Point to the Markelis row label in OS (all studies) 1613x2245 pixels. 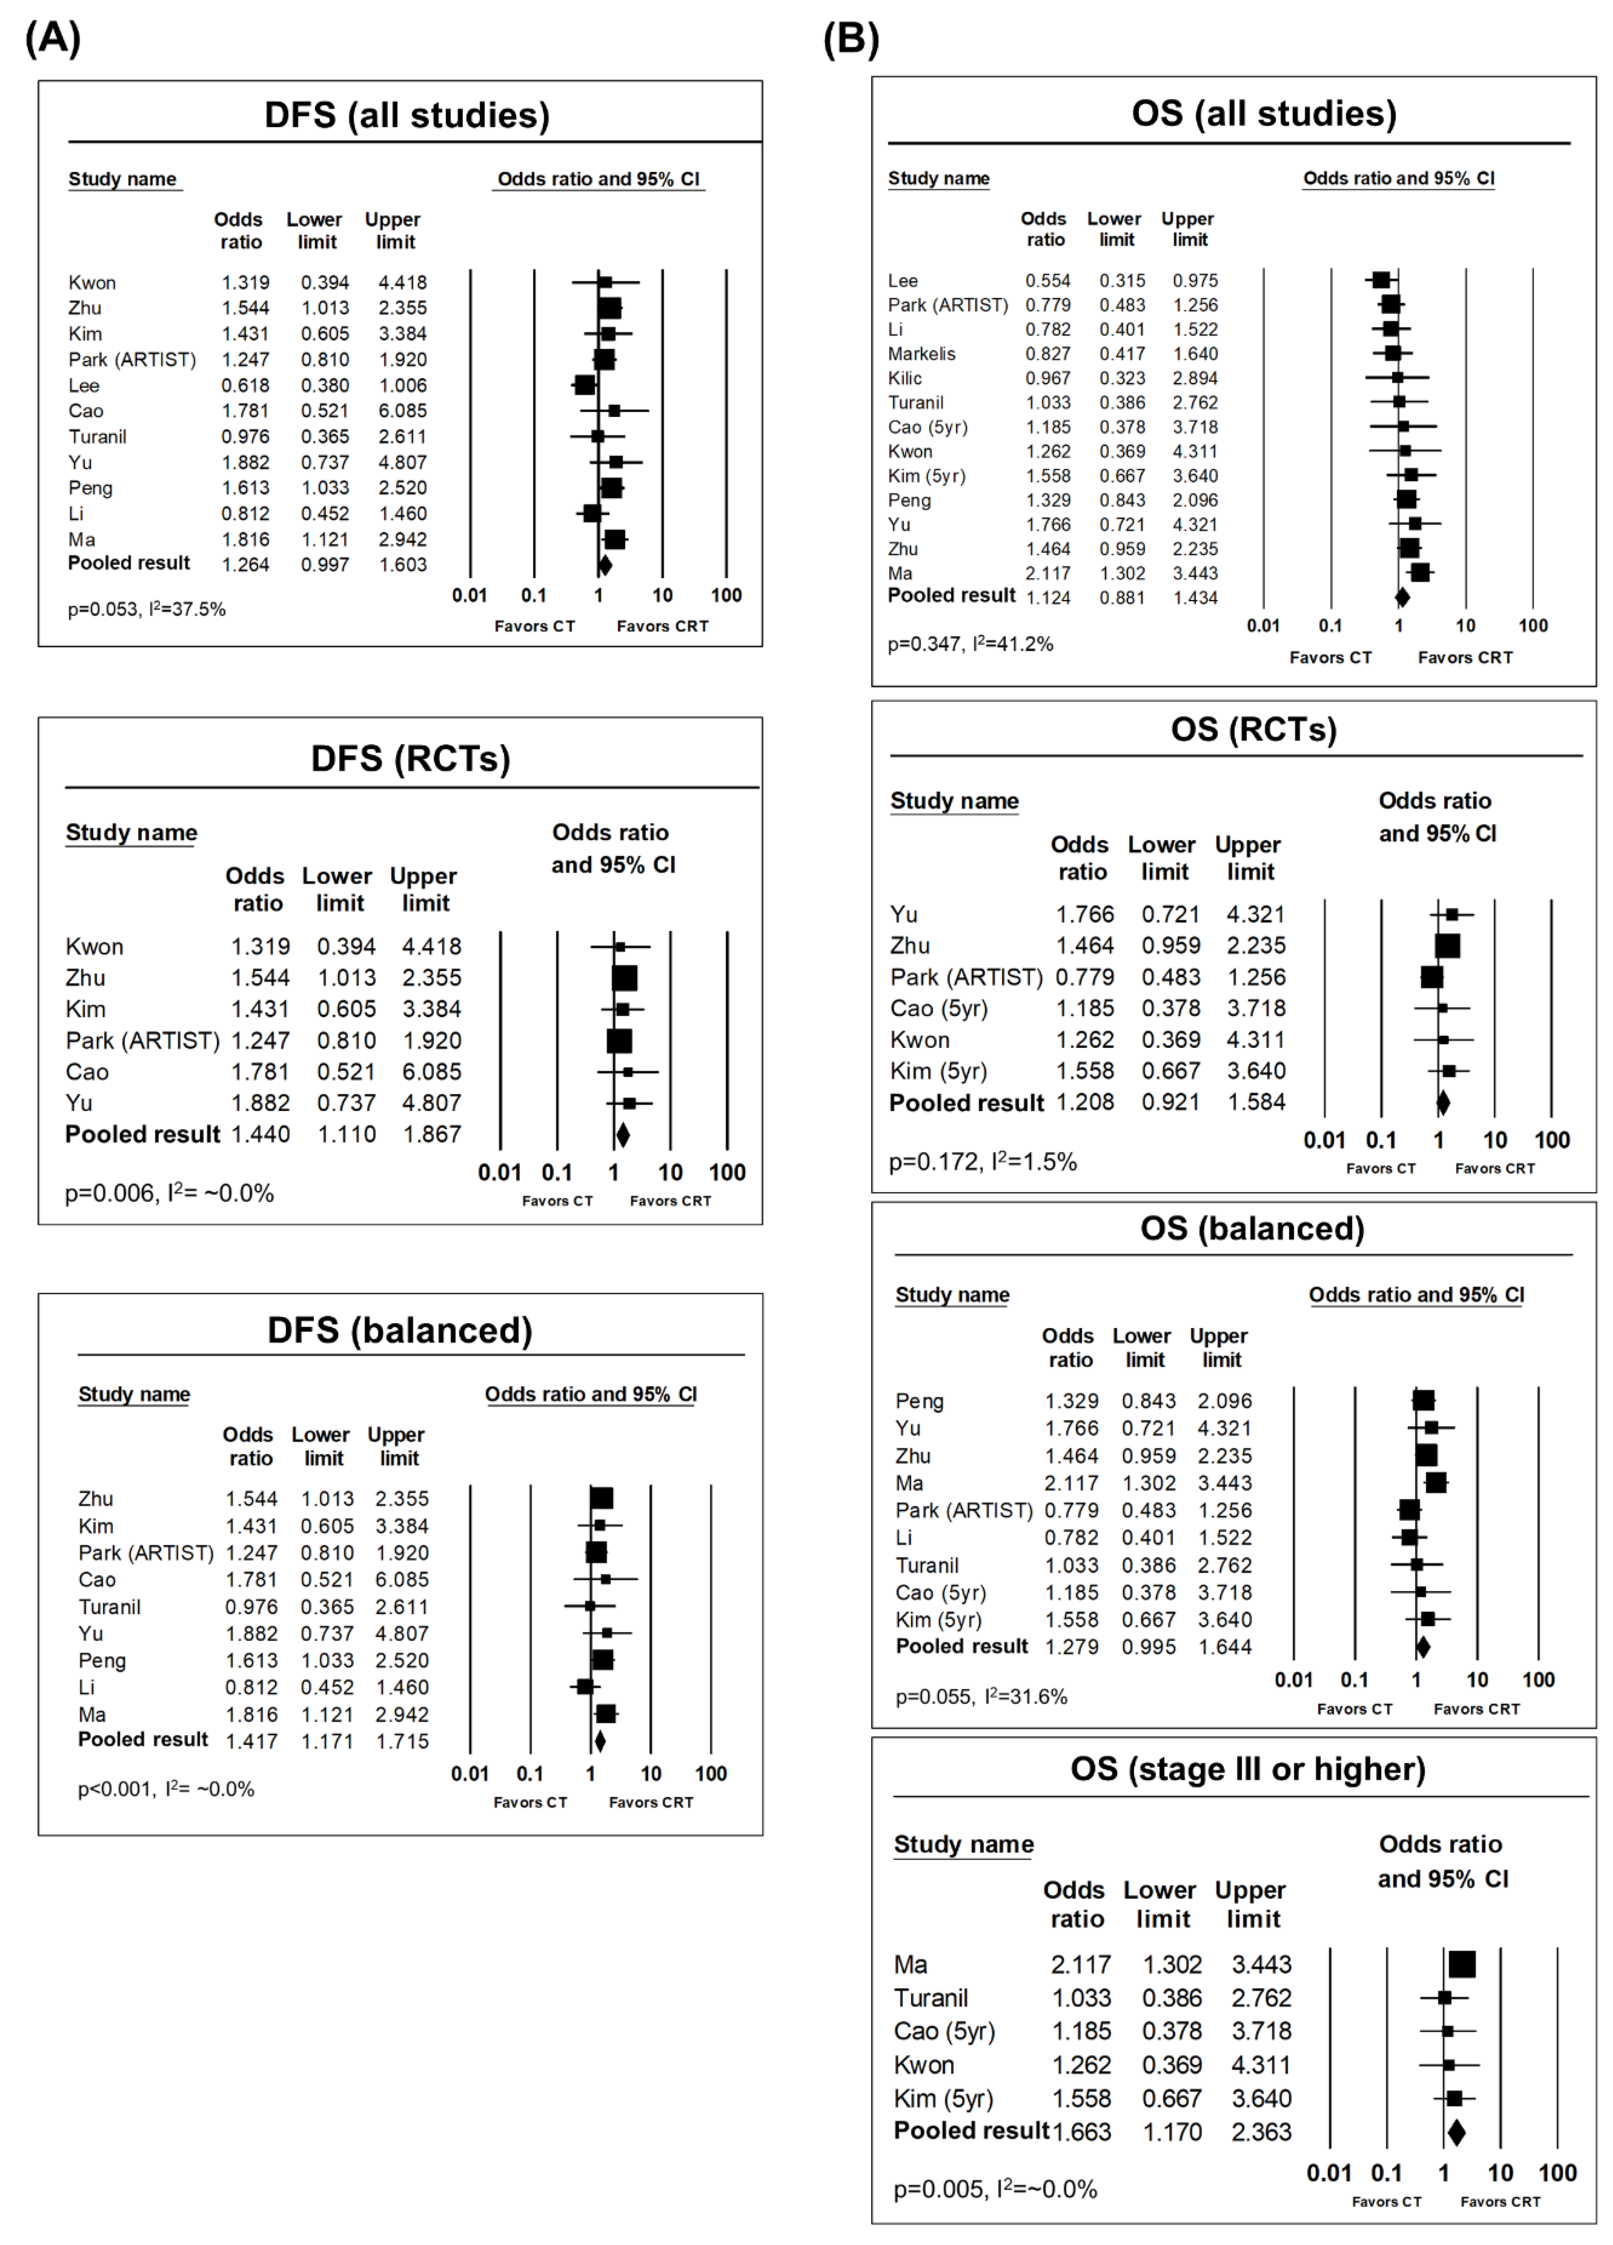(x=921, y=353)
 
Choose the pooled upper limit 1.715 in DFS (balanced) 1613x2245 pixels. (x=402, y=1741)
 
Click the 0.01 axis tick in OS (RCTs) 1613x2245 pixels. (x=1324, y=1140)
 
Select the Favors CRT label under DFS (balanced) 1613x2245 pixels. (x=650, y=1803)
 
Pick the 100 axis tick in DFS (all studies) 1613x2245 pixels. (x=726, y=595)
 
